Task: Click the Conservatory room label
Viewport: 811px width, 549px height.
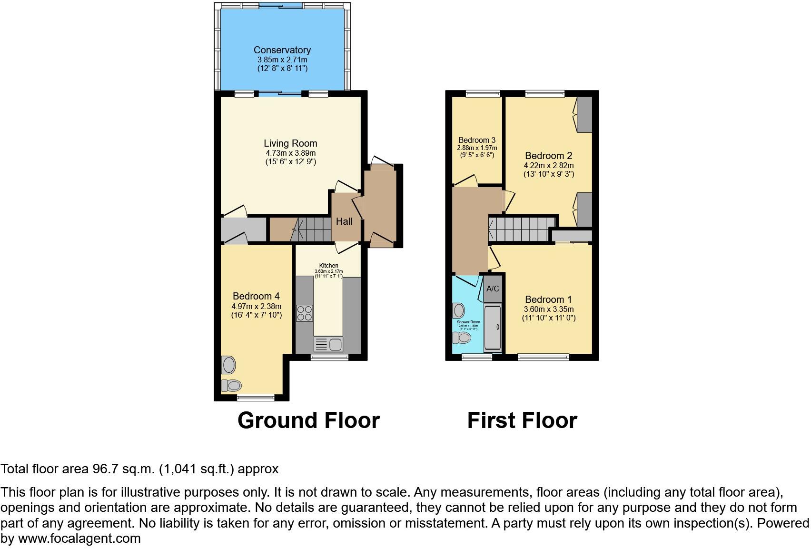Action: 282,50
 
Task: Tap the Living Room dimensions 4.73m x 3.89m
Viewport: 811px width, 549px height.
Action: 290,153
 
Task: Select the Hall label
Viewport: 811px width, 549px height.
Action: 344,221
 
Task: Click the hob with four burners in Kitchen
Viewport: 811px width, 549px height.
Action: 305,313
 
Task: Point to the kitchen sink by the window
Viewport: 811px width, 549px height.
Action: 328,344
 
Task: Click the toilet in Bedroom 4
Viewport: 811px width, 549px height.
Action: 232,385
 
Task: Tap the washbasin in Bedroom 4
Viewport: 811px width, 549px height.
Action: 229,365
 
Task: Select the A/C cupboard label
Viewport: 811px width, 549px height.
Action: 493,289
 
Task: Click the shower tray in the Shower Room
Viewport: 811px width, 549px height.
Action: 493,328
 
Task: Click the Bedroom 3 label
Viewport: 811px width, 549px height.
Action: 477,140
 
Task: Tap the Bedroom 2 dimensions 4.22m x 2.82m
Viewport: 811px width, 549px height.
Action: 549,166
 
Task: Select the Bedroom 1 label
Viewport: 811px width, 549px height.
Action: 548,299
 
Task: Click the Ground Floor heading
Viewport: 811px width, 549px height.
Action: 308,420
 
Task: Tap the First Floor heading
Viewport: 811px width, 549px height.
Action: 522,420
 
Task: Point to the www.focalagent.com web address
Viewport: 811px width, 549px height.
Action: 79,539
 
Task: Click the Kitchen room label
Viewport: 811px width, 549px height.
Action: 328,266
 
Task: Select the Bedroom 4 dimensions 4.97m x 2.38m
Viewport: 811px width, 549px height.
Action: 256,306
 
